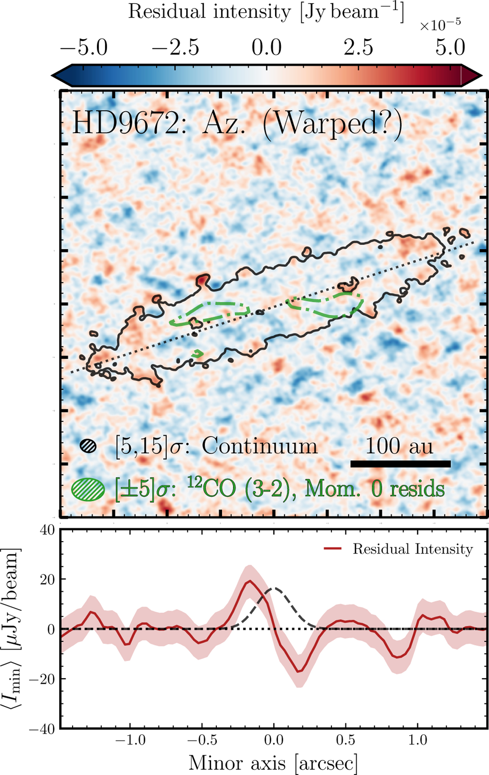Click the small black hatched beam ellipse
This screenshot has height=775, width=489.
click(88, 446)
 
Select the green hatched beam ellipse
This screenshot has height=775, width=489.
click(88, 489)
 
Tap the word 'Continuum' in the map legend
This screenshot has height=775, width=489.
click(260, 446)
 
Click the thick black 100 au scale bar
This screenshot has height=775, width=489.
click(401, 464)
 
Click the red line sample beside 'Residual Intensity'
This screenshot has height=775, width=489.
click(333, 549)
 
